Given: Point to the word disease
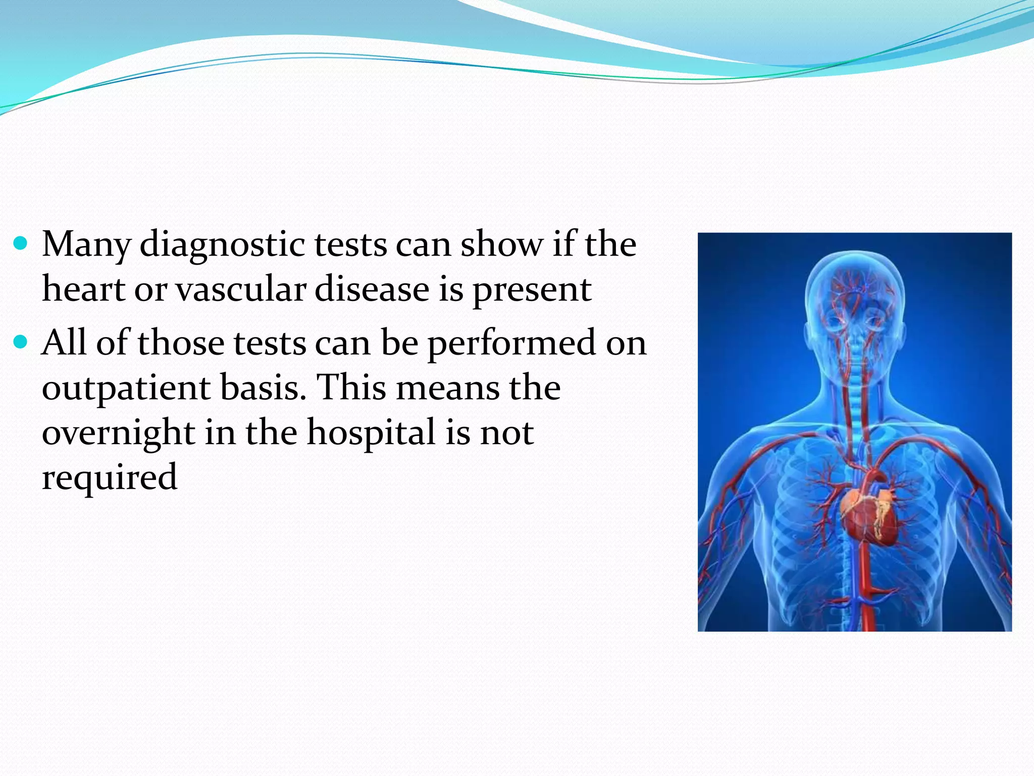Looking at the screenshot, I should (372, 290).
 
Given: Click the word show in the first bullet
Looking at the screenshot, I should (501, 245).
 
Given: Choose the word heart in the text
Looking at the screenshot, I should (83, 290).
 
